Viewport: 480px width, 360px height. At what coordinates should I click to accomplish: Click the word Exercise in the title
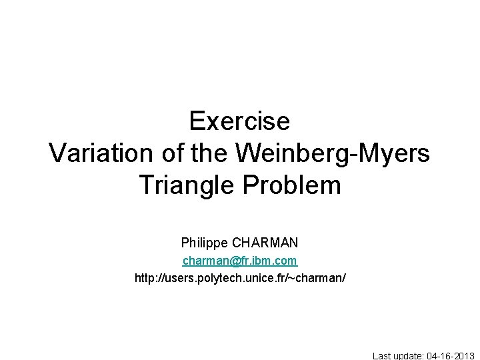[x=239, y=121]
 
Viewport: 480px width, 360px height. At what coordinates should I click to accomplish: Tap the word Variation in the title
[x=101, y=153]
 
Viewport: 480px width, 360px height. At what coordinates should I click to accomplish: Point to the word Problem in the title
[x=292, y=185]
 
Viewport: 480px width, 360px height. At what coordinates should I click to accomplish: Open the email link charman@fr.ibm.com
[x=240, y=260]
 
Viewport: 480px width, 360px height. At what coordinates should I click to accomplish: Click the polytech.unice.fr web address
[x=240, y=277]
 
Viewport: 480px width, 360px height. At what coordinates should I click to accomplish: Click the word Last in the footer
[x=383, y=355]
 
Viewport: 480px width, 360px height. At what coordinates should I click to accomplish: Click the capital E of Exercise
[x=197, y=121]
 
